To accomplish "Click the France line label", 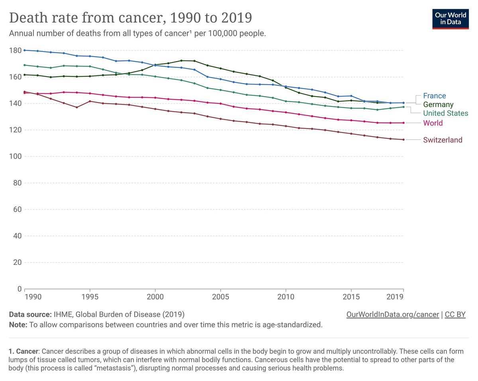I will [434, 96].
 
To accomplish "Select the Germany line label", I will [438, 105].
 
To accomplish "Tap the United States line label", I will [445, 113].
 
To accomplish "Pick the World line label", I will [433, 123].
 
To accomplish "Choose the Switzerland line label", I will [443, 140].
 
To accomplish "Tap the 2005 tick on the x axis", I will [220, 297].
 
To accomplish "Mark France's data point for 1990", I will [25, 50].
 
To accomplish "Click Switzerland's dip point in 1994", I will [77, 107].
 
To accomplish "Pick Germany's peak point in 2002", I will [181, 61].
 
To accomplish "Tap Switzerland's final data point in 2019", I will [404, 140].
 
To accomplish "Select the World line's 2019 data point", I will [404, 123].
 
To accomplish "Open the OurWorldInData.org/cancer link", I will [393, 314].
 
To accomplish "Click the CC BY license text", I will [455, 314].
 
